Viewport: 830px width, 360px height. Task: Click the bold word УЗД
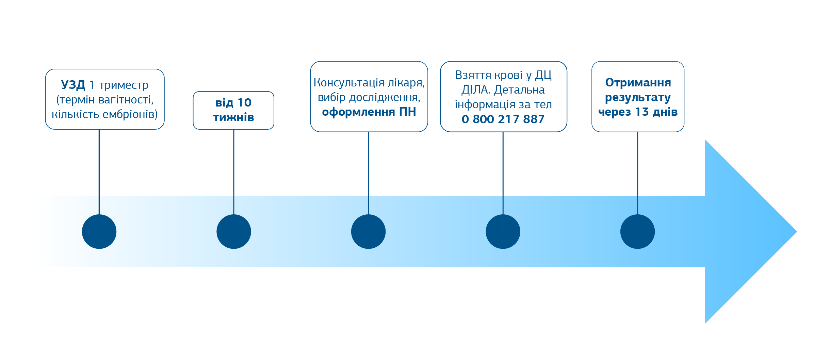73,85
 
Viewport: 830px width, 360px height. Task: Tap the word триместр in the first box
124,85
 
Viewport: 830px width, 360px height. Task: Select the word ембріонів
132,114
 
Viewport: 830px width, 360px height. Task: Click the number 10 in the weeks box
244,102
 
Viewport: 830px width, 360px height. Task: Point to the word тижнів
233,117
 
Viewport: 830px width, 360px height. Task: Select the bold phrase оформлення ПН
369,112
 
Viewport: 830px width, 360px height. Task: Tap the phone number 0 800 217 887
503,119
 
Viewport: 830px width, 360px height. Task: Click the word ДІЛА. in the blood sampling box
476,90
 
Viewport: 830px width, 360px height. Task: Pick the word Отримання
638,82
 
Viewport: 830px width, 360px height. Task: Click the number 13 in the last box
642,112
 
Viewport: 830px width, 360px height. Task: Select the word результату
638,97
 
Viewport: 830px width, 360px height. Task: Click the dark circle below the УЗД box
99,232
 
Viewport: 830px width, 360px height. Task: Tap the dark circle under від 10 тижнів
234,232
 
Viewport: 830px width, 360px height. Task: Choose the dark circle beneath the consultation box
368,232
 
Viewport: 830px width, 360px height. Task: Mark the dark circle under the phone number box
503,232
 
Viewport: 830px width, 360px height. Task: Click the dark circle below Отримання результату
637,232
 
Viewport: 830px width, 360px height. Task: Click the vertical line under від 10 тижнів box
234,163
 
